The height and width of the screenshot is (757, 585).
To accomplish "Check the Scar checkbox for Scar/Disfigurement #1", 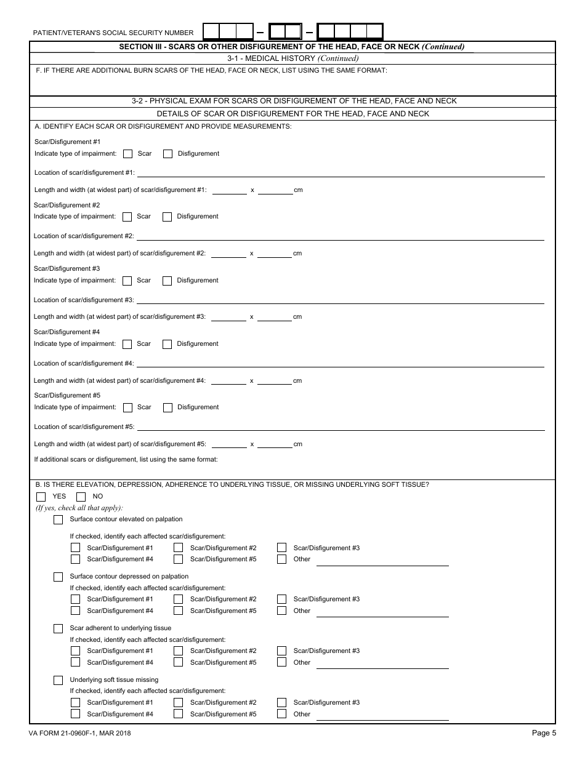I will [128, 154].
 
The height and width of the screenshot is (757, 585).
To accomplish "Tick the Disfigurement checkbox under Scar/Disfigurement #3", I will [167, 281].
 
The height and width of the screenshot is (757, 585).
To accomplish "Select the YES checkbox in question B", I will [41, 497].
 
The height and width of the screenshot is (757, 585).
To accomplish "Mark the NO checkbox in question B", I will [81, 497].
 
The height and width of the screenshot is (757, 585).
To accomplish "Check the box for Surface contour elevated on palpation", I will [58, 519].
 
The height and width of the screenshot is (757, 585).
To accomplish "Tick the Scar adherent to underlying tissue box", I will [58, 628].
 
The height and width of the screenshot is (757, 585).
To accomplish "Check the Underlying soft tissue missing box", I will [58, 680].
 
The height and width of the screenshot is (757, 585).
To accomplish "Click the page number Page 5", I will [544, 732].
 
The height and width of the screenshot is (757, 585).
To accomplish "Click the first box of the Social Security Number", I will [211, 32].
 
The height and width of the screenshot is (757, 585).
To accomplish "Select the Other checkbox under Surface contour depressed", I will [282, 611].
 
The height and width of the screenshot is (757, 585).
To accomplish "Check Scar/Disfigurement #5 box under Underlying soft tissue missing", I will [179, 714].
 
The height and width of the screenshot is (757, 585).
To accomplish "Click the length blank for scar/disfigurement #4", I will [229, 381].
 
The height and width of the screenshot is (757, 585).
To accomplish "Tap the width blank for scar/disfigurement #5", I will [275, 444].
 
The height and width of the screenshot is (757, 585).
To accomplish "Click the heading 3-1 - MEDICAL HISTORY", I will [292, 58].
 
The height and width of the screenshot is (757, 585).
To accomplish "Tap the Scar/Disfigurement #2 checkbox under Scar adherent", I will [179, 651].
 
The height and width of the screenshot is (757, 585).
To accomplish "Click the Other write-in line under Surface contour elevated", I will [382, 561].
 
